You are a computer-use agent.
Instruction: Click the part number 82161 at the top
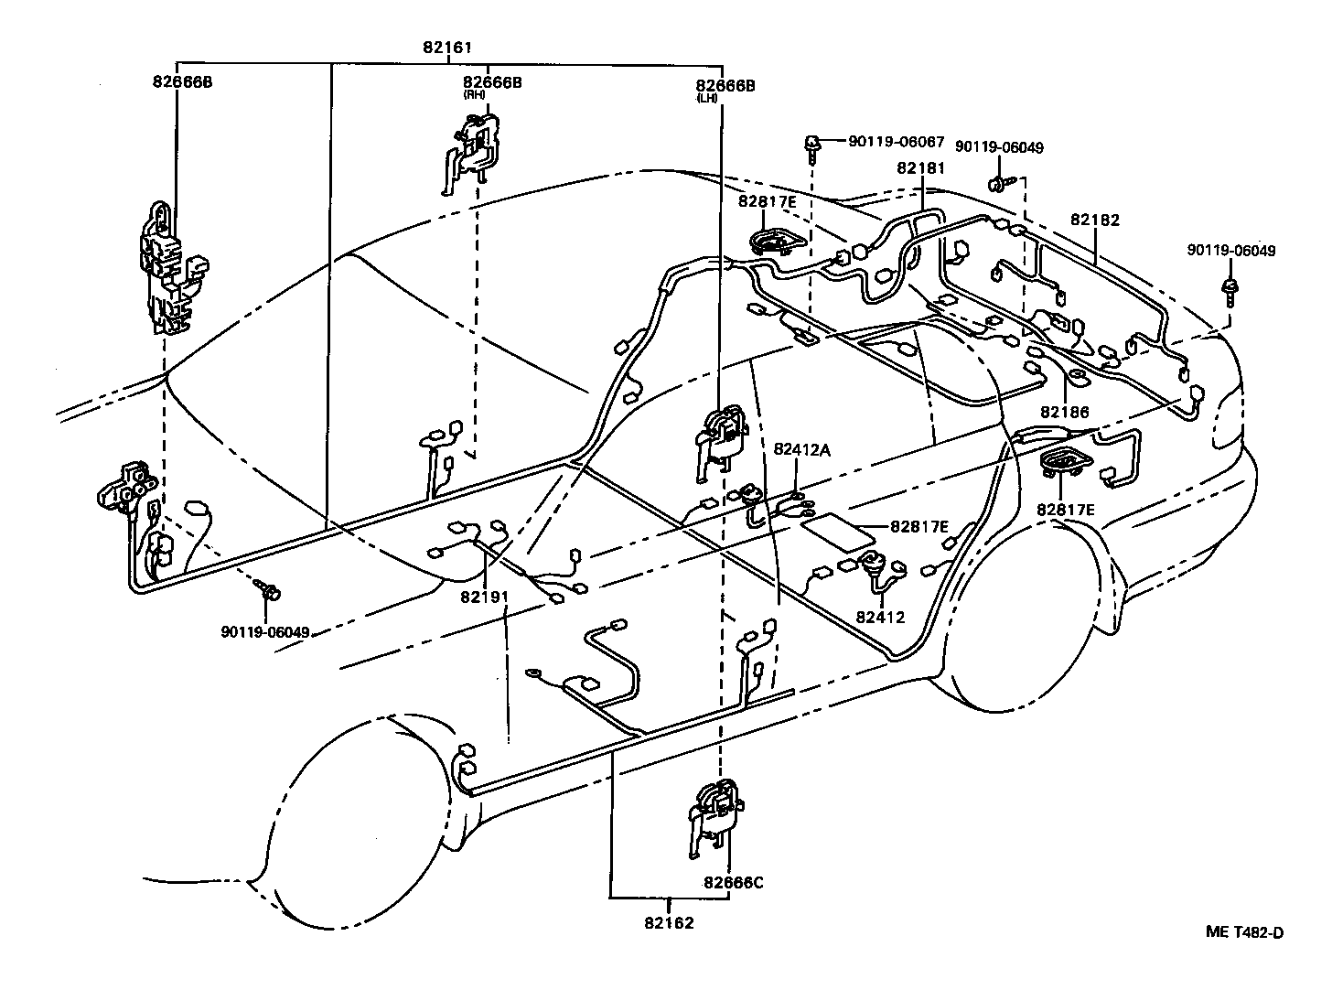447,48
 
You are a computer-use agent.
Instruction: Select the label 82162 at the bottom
668,922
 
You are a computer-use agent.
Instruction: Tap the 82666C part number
734,883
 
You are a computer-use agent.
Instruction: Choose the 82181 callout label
921,168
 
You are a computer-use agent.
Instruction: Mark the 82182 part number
1095,221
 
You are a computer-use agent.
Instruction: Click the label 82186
1064,413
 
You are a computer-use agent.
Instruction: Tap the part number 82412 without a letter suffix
880,617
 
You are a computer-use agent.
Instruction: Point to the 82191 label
484,596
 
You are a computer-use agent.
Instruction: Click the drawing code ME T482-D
1244,933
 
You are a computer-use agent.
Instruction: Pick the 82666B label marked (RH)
492,82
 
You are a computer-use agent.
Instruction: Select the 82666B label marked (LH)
724,86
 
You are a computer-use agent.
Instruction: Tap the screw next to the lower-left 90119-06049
269,588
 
